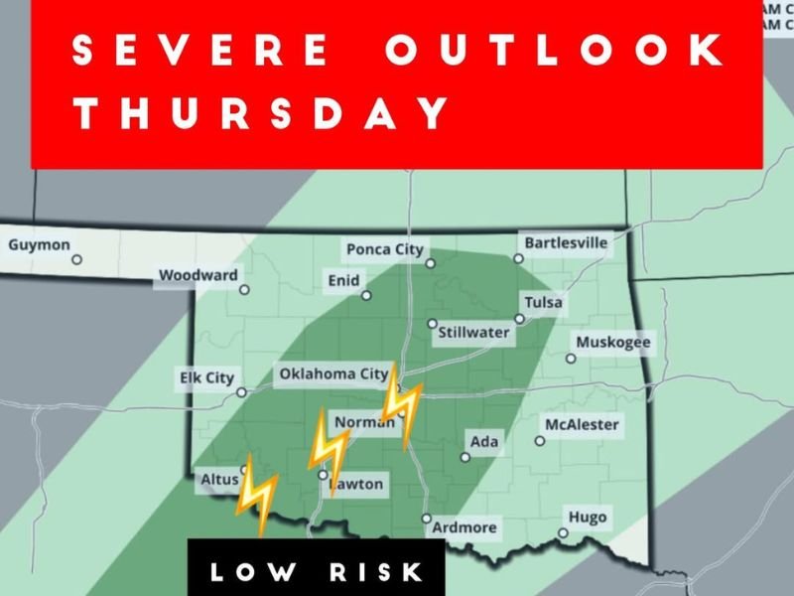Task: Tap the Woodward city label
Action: point(198,274)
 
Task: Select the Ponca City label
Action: point(384,249)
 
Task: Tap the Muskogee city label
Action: point(613,343)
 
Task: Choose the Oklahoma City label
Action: point(332,374)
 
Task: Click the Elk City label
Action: point(205,377)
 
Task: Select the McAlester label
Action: point(582,425)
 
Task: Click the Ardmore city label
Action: point(464,527)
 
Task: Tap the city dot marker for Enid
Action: point(366,295)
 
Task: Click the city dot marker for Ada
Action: point(464,458)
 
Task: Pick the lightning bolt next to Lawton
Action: point(329,449)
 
